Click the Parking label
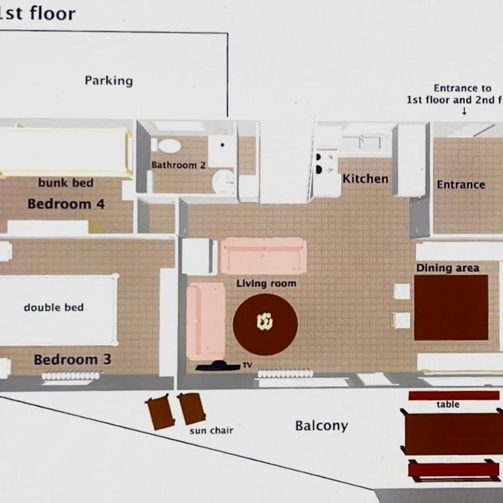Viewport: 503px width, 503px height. coord(109,81)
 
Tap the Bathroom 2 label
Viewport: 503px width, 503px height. coord(178,165)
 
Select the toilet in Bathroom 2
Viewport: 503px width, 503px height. coord(167,145)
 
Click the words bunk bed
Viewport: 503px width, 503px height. coord(65,183)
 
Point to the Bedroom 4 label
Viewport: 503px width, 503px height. coord(66,204)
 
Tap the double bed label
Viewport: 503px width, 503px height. coord(54,307)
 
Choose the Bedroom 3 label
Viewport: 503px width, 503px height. coord(73,360)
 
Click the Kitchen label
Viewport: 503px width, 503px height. coord(365,179)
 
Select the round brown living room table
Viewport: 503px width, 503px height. coord(265,324)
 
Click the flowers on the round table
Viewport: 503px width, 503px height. coord(265,322)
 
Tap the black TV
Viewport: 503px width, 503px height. coord(218,365)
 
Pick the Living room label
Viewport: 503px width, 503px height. coord(267,283)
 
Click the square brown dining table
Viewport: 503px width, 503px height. coord(451,307)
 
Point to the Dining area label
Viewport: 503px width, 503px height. coord(447,268)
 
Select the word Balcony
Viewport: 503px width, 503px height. coord(322,426)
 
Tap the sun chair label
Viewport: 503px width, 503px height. coord(211,430)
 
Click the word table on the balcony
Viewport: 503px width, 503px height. coord(448,404)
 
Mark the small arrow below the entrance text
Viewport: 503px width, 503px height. coord(464,111)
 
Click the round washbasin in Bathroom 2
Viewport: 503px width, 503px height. coord(223,181)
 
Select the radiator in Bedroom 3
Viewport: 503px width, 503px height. coord(71,375)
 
